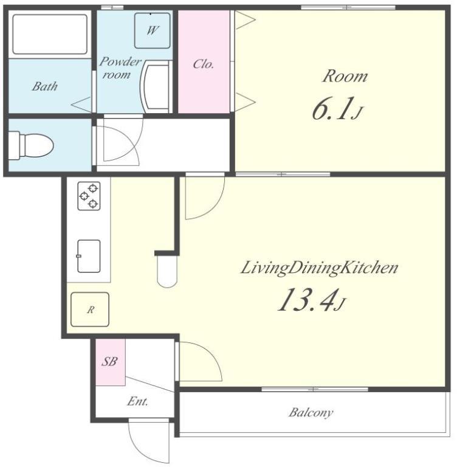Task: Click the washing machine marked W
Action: (152, 30)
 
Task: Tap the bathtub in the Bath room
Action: (50, 34)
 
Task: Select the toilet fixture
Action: (30, 145)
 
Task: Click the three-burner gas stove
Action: (89, 196)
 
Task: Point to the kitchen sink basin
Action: (89, 256)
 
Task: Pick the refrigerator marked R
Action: (89, 310)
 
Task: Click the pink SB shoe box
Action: (110, 362)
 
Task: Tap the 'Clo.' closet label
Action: (204, 64)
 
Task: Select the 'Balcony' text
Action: (311, 413)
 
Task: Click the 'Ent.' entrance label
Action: (137, 401)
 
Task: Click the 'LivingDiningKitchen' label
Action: (319, 268)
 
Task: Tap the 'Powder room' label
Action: (120, 68)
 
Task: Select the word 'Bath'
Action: (44, 86)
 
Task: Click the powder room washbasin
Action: (156, 87)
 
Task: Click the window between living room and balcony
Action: (315, 389)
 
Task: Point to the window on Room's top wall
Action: (348, 7)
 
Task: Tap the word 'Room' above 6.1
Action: (345, 76)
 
